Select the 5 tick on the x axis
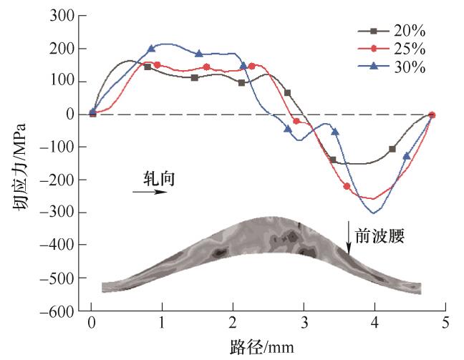coord(445,323)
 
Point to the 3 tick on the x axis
coord(304,323)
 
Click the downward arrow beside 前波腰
coord(349,238)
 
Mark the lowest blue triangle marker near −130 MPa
coord(407,156)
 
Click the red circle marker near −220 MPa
coord(347,186)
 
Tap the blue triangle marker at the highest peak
coord(151,49)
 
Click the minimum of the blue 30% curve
coord(373,213)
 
